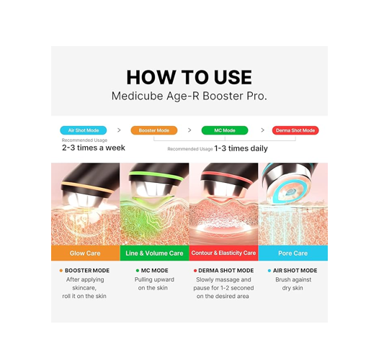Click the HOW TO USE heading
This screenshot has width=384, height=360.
tap(189, 77)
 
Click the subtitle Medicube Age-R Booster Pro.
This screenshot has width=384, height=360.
tap(189, 96)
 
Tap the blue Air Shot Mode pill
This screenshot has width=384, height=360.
tap(83, 130)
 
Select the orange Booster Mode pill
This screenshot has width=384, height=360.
tap(153, 130)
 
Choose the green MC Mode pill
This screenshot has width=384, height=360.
tap(224, 130)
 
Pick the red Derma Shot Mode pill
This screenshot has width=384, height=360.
tap(295, 130)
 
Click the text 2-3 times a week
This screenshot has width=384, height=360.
tap(93, 148)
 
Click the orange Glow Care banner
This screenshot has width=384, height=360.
tap(85, 253)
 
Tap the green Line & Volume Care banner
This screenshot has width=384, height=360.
tap(154, 253)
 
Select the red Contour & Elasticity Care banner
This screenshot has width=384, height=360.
tap(223, 253)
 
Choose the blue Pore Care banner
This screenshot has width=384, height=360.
tap(293, 253)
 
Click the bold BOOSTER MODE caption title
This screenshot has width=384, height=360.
tap(87, 271)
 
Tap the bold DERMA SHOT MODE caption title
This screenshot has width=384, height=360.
tap(226, 271)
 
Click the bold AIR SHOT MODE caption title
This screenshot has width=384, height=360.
tap(295, 271)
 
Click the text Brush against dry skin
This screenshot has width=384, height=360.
tap(293, 284)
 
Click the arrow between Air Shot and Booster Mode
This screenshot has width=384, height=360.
tap(119, 130)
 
